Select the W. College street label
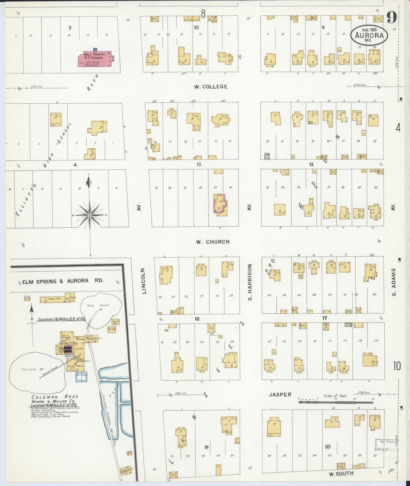pyautogui.click(x=211, y=87)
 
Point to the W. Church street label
pyautogui.click(x=212, y=242)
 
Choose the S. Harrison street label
pyautogui.click(x=250, y=282)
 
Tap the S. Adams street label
pyautogui.click(x=394, y=282)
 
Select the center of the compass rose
pyautogui.click(x=89, y=215)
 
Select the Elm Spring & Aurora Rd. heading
pyautogui.click(x=63, y=281)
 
